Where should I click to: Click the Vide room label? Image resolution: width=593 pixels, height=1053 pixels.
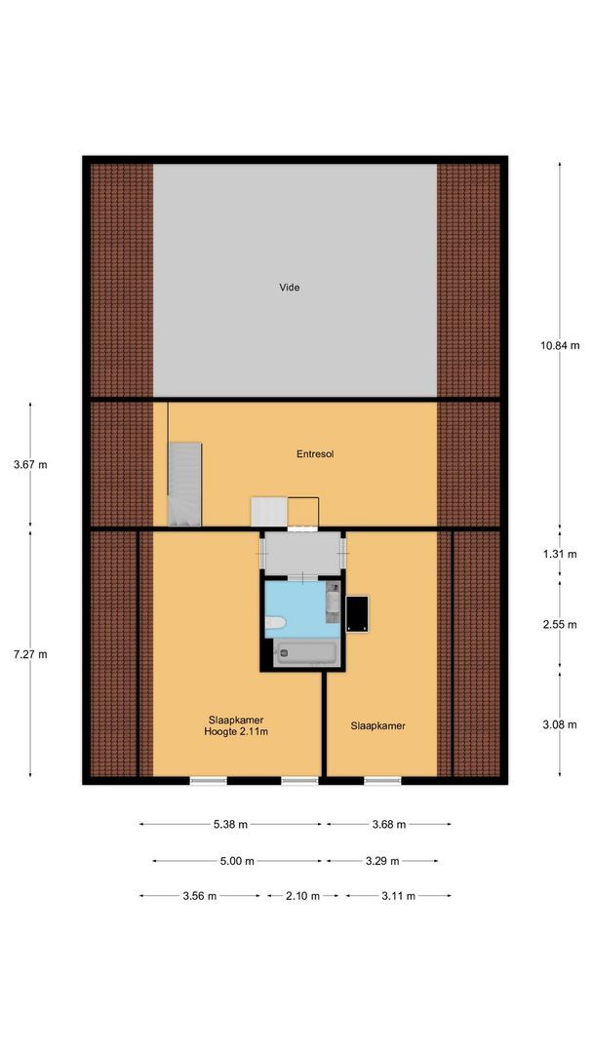point(289,288)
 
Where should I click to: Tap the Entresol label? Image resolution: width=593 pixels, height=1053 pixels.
point(316,454)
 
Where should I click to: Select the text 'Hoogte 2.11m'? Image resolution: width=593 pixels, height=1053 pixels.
point(236,731)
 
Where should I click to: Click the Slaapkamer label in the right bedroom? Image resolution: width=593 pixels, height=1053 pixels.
point(377,725)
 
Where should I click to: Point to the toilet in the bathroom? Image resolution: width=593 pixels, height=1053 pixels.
point(276,622)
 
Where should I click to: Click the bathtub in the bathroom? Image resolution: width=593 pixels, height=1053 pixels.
point(305,653)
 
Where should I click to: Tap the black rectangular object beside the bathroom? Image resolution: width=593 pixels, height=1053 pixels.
point(357,613)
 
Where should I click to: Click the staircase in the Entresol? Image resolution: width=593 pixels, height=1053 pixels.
point(184,483)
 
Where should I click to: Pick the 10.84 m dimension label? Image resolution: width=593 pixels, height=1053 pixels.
point(560,345)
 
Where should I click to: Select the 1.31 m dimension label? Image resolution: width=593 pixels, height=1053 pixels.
point(560,554)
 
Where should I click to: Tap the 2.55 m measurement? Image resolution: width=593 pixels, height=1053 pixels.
point(560,625)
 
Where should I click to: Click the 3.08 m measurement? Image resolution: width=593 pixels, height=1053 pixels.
point(560,724)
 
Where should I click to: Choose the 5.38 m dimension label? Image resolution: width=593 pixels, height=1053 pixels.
point(230,825)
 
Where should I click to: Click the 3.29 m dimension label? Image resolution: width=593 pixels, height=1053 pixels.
point(382,861)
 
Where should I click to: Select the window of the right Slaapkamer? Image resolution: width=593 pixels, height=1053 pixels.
point(382,780)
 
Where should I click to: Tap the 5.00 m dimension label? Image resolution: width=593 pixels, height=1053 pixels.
point(238,861)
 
